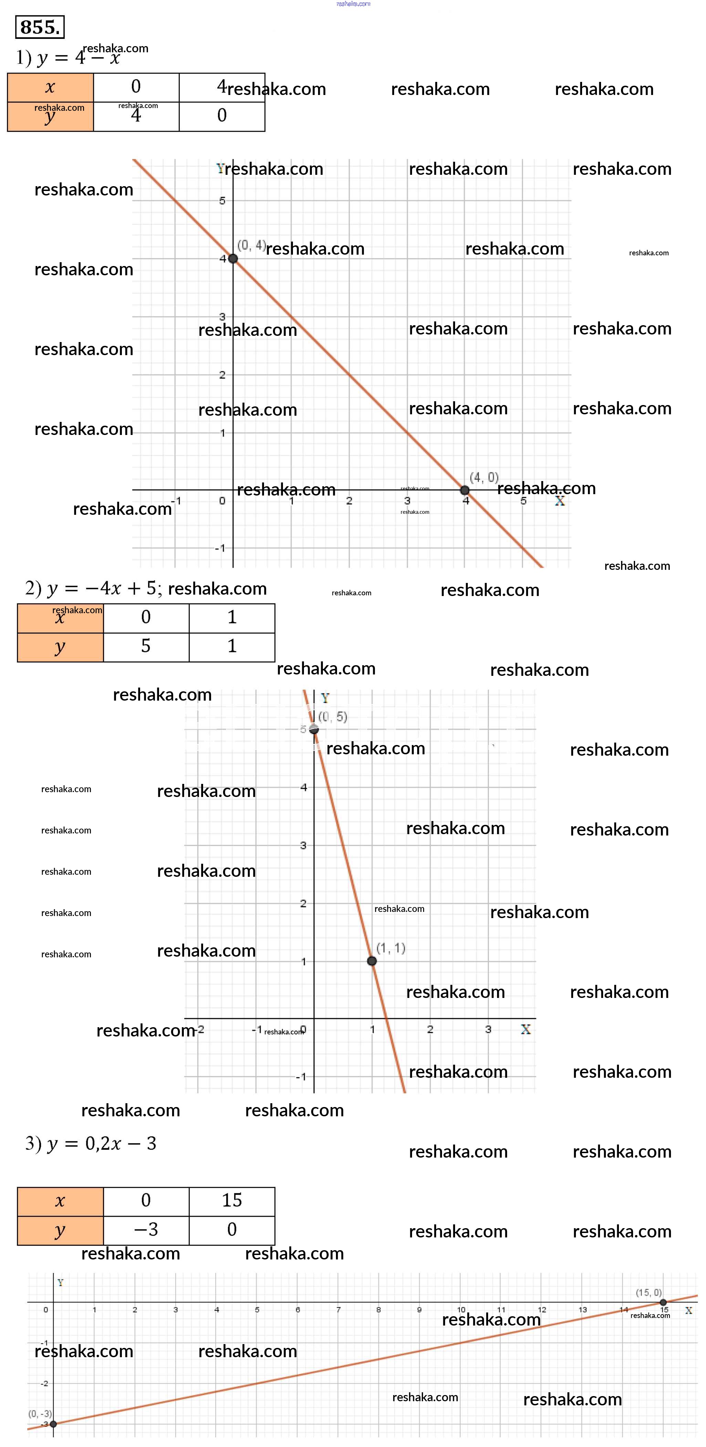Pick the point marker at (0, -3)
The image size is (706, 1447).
click(53, 1424)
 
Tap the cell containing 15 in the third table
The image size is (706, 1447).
click(232, 1200)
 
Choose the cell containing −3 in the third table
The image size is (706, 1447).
click(146, 1230)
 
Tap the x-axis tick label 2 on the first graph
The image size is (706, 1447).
click(349, 500)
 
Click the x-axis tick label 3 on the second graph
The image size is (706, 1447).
click(488, 1030)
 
